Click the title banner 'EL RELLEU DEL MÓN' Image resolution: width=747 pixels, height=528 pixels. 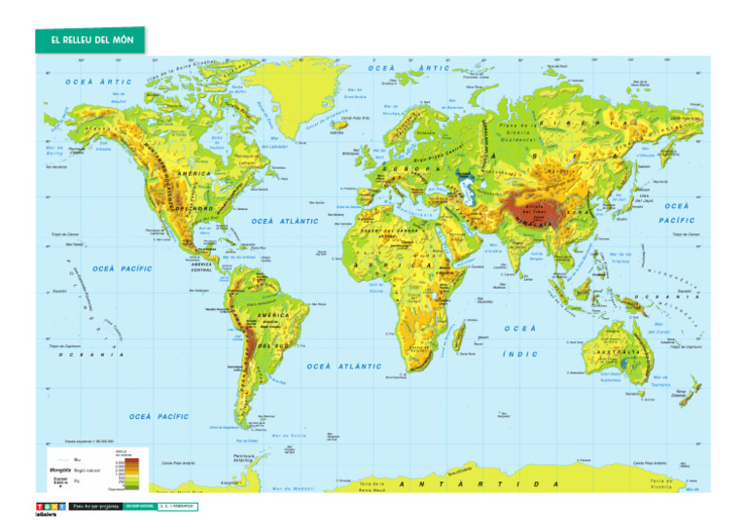click(90, 40)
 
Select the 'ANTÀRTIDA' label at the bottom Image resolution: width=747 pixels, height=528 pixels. click(481, 483)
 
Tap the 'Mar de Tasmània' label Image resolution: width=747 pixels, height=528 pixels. click(660, 380)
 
